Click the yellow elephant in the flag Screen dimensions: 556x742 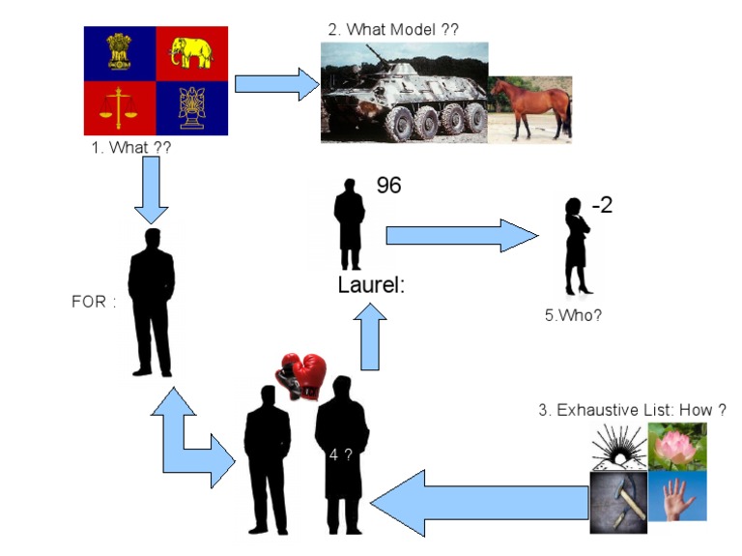point(191,54)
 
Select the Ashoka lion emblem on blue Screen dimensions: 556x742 point(121,54)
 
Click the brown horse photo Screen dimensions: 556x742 point(529,109)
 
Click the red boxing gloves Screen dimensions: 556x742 point(302,372)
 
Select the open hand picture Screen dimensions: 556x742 point(677,496)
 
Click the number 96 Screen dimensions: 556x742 point(388,185)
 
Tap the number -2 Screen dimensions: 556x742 point(601,205)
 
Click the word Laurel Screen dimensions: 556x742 point(371,286)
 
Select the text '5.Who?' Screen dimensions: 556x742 point(573,314)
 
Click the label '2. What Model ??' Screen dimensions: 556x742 point(393,30)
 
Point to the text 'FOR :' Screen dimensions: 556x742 point(93,301)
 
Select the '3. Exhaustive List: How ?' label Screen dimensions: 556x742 point(632,410)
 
